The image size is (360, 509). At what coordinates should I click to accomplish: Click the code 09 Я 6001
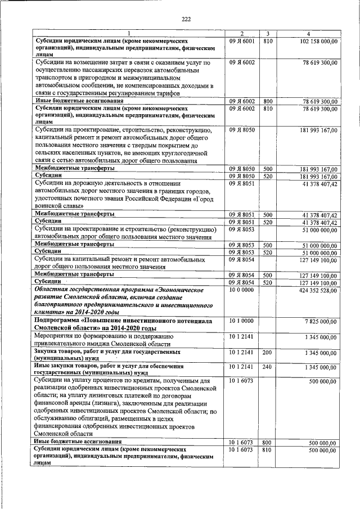point(242,42)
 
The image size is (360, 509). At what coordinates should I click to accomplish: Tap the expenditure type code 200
point(267,352)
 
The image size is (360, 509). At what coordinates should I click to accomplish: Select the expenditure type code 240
point(267,367)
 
